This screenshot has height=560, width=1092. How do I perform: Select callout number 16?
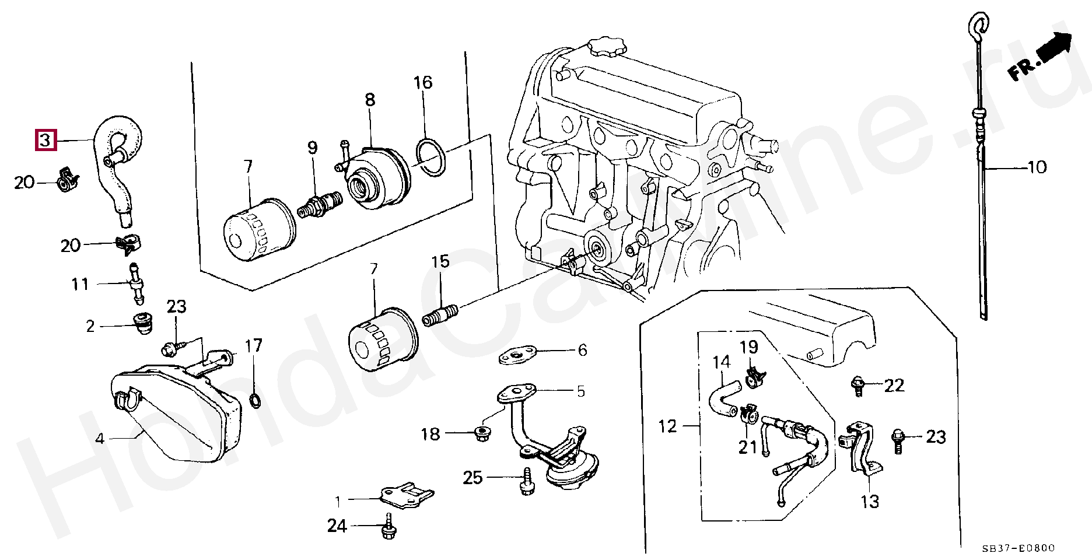coord(423,83)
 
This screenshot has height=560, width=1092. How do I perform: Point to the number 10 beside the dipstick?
coord(1037,168)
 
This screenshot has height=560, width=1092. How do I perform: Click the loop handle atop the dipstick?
coord(978,26)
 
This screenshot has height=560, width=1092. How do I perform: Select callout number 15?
coord(440,262)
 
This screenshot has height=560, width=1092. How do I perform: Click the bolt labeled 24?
coord(386,527)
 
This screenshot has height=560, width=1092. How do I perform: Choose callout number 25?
coord(473,478)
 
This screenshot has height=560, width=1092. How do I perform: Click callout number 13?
coord(870,502)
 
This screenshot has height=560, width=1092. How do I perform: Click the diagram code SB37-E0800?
coord(1019,548)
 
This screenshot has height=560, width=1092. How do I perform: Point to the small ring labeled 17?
coord(255,400)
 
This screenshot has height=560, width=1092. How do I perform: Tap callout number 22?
coord(894,386)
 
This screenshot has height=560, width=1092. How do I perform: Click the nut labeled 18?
coord(482,433)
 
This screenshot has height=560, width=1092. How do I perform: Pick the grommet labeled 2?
coord(143,324)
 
